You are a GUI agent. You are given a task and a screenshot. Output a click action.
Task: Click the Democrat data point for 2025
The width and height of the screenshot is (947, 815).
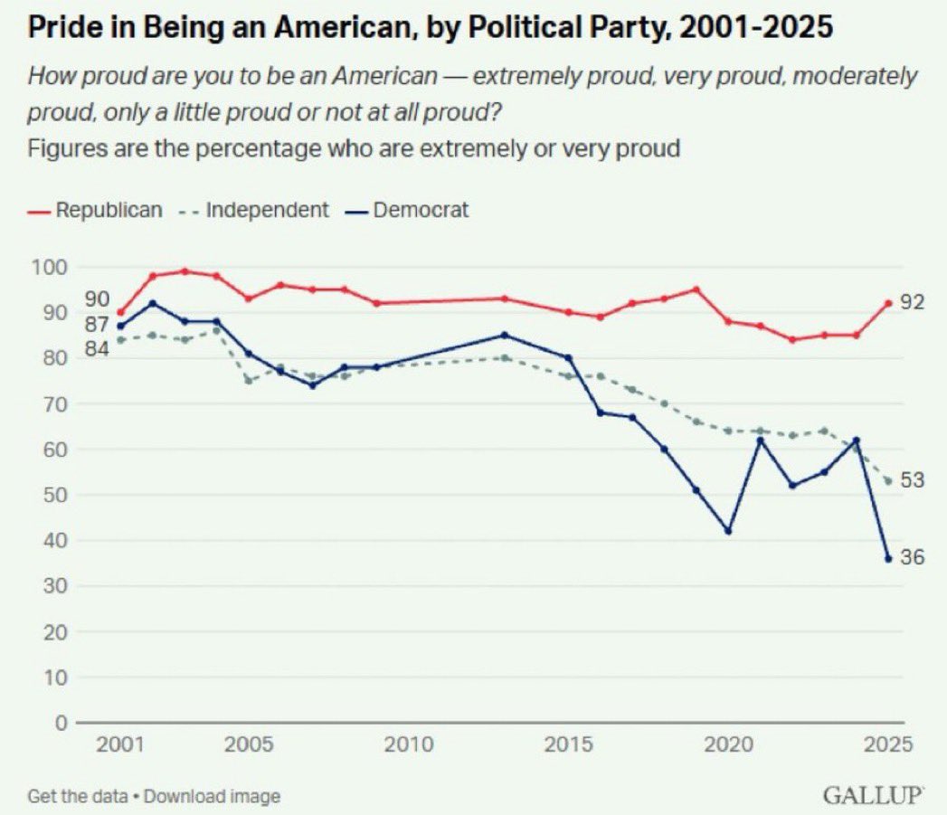pos(887,558)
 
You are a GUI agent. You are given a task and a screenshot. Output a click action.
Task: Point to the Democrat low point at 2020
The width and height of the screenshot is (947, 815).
pos(728,531)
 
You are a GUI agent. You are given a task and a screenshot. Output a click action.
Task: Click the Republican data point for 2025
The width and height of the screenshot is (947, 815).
pos(887,303)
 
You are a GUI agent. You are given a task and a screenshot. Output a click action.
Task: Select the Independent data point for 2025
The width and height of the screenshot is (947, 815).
pos(887,480)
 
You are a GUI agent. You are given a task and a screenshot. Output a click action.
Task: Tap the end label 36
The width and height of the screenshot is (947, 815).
pos(912,558)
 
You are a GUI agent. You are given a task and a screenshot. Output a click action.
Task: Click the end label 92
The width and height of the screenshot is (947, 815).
pos(912,302)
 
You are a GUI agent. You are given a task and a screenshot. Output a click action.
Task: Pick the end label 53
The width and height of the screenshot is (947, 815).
pos(912,480)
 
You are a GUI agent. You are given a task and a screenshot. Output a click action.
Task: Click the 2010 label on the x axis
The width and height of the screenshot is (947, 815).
pos(409,745)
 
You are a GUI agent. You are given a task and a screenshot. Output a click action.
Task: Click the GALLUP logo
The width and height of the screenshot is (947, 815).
pos(872,796)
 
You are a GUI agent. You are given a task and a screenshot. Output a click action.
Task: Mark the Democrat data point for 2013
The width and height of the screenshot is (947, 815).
pos(505,335)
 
